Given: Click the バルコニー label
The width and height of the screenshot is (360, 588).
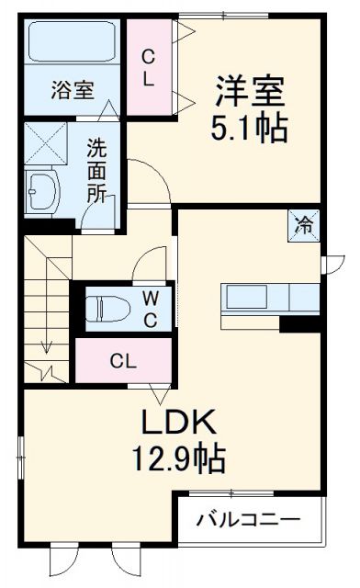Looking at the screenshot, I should pyautogui.click(x=248, y=520).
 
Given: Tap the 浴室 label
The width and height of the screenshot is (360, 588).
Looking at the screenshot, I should pyautogui.click(x=72, y=90).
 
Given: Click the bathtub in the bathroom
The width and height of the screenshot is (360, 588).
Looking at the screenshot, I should pyautogui.click(x=72, y=43).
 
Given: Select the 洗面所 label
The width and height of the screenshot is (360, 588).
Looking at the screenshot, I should pyautogui.click(x=96, y=170).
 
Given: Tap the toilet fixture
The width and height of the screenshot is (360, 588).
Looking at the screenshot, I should pyautogui.click(x=108, y=307).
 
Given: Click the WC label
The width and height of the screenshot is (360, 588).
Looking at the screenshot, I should pyautogui.click(x=150, y=308).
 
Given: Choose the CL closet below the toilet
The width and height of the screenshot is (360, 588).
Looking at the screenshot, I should pyautogui.click(x=124, y=360).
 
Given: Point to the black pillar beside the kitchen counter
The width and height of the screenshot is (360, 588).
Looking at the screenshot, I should pyautogui.click(x=300, y=323).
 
